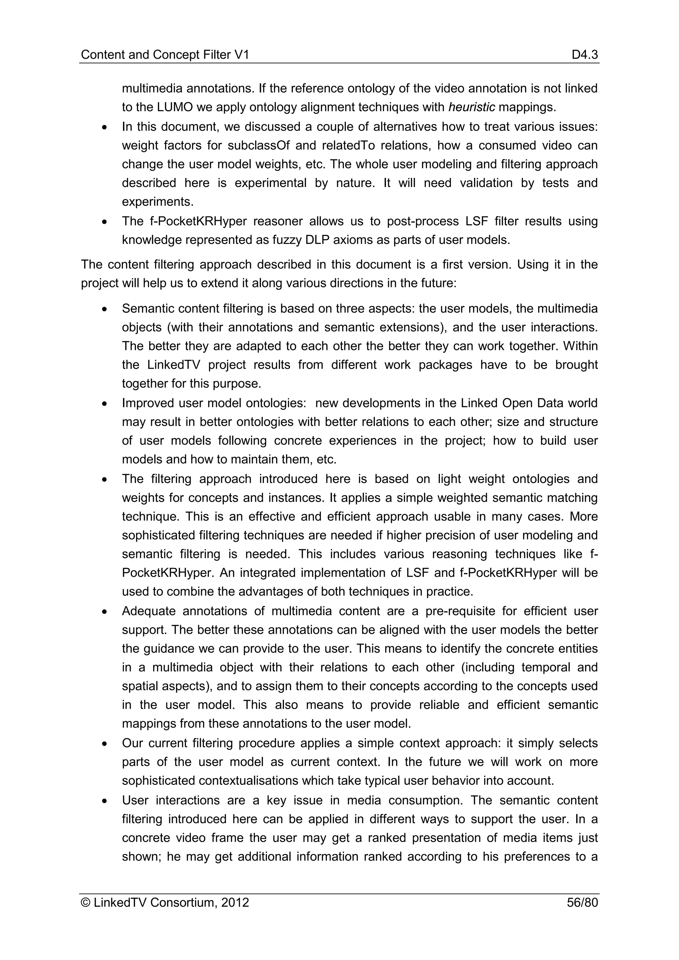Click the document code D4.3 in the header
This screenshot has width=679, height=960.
tap(585, 55)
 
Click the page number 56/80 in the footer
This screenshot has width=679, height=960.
tap(582, 903)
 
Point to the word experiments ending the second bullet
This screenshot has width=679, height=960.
tap(157, 202)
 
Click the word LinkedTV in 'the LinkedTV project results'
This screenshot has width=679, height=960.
tap(173, 365)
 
